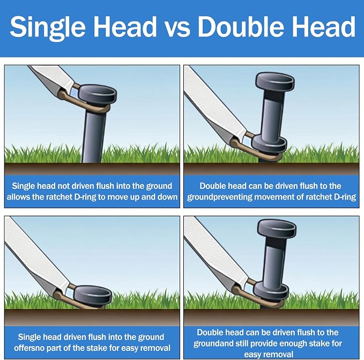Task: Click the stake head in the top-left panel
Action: pyautogui.click(x=97, y=94)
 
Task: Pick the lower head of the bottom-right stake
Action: pyautogui.click(x=271, y=292)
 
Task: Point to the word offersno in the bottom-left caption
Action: pyautogui.click(x=30, y=348)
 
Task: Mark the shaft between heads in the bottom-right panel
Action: pyautogui.click(x=273, y=262)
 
